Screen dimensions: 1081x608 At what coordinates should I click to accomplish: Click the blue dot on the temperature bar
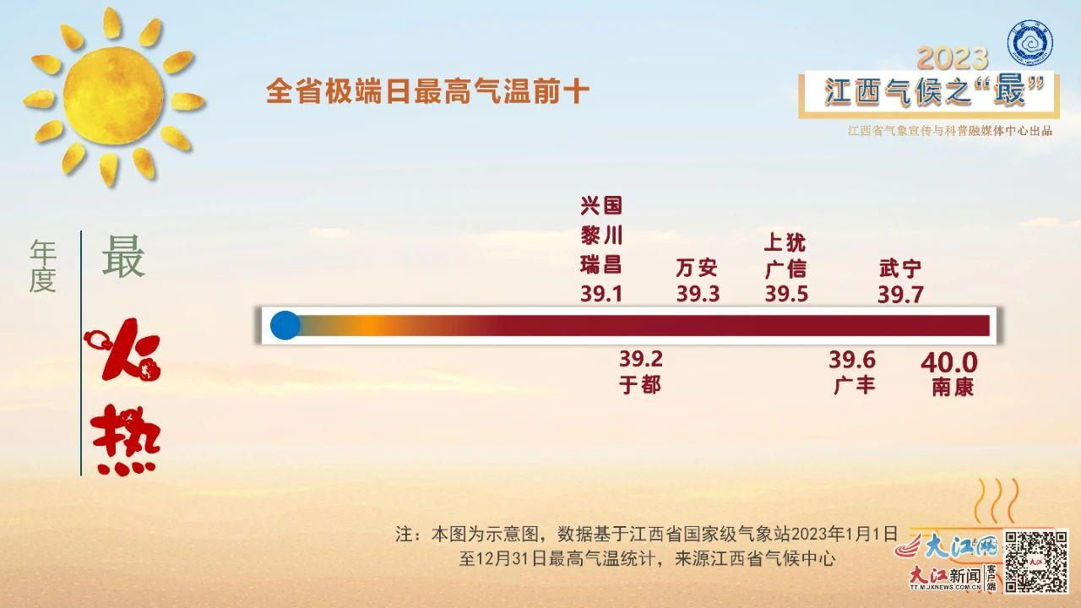[x=285, y=325]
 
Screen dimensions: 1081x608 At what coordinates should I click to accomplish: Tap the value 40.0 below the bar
[x=948, y=362]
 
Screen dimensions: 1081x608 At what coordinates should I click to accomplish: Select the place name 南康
[x=953, y=388]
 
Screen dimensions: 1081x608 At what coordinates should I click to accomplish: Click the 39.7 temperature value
[x=900, y=295]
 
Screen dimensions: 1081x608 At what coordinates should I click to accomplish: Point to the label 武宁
[x=900, y=269]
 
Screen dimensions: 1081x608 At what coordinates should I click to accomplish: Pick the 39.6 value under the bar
[x=852, y=360]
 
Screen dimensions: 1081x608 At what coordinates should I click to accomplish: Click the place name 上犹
[x=785, y=242]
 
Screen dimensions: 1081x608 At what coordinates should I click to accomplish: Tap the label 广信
[x=785, y=269]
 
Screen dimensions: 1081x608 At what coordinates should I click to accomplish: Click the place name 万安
[x=697, y=269]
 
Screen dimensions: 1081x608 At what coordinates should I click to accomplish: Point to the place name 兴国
[x=600, y=206]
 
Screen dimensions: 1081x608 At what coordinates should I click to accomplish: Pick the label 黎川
[x=601, y=236]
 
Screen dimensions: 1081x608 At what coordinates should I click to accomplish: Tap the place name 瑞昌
[x=600, y=265]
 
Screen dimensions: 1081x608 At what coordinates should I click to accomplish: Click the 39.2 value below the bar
[x=641, y=359]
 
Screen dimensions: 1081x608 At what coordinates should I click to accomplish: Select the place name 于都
[x=640, y=385]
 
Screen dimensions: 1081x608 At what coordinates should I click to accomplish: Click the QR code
[x=1035, y=562]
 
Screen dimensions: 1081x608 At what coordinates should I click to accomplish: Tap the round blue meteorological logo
[x=1029, y=43]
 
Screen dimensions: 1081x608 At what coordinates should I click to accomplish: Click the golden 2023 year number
[x=953, y=59]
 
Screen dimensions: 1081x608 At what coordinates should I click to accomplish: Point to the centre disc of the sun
[x=114, y=95]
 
